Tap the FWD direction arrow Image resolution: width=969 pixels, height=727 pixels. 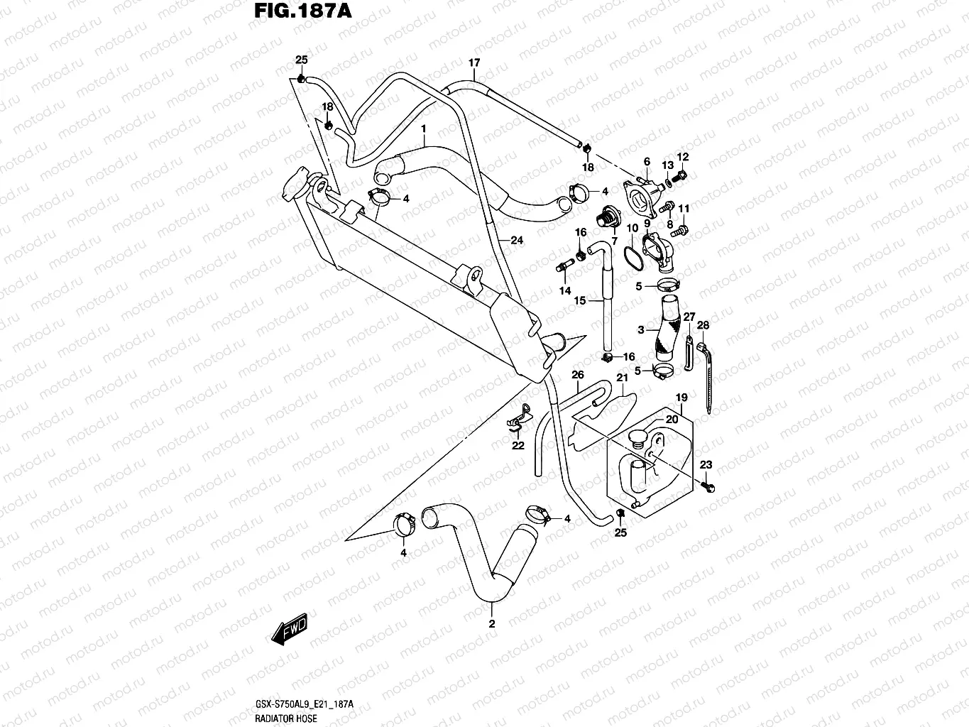point(290,628)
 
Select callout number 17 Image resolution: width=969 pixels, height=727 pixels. point(474,63)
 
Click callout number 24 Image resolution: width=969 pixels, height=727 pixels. point(516,241)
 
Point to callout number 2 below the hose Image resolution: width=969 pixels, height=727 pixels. point(491,624)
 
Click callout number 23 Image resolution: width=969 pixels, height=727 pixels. point(706,465)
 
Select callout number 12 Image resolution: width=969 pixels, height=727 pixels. point(682,157)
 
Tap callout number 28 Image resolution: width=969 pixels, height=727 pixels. point(703,325)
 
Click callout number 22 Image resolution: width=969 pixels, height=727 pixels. point(518,446)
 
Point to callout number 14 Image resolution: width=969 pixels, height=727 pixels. point(564,291)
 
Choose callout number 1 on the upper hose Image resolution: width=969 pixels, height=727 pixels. point(423,129)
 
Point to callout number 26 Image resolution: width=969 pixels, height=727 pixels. point(577,375)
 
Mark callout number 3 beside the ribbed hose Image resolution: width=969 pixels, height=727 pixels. point(640,330)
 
